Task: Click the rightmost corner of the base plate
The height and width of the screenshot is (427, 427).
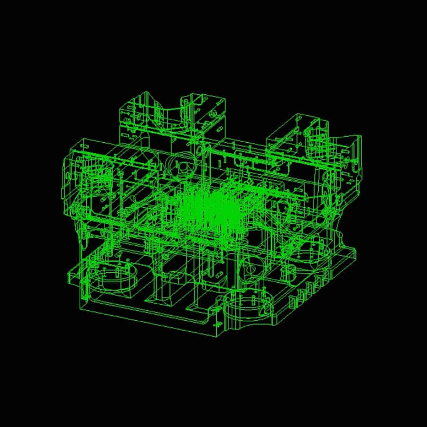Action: (x=355, y=254)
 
